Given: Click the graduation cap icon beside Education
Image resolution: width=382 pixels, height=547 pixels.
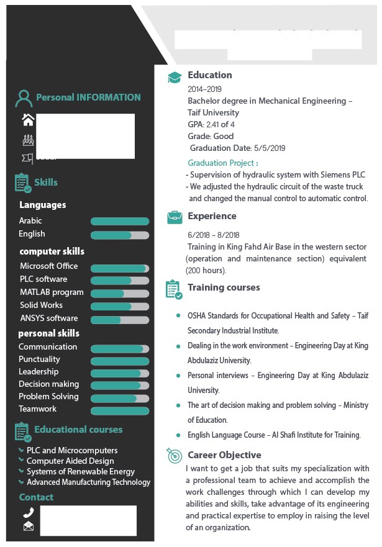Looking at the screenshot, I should (175, 77).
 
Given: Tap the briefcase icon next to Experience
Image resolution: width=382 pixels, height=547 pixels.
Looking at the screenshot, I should (175, 217).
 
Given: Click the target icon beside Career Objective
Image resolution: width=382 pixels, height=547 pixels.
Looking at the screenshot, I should (175, 456).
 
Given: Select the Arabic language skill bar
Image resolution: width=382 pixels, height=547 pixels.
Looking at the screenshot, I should (120, 221).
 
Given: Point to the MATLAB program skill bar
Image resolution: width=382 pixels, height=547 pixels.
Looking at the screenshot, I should (120, 292).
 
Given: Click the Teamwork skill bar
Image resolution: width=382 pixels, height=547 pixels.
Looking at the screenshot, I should (120, 410).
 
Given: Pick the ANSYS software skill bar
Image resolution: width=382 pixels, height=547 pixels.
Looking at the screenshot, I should (120, 319).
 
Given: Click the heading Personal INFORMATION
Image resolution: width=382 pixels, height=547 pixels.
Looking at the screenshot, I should (88, 97).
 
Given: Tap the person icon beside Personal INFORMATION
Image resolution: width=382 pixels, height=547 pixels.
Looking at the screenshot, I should (24, 98).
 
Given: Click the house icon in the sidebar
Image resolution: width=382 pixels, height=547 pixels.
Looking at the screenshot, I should (28, 119).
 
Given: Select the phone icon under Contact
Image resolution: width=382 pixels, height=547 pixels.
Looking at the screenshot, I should (28, 513).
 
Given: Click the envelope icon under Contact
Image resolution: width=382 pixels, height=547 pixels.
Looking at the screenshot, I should (28, 527).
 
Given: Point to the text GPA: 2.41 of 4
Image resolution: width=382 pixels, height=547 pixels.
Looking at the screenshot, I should (211, 125).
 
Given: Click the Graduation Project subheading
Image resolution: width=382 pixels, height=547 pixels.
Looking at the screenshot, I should (222, 163).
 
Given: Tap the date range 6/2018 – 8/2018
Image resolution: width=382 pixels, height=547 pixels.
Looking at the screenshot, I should (213, 235).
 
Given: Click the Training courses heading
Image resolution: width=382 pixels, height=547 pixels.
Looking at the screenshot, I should (224, 287).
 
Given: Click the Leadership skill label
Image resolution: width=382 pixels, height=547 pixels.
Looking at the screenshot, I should (39, 372).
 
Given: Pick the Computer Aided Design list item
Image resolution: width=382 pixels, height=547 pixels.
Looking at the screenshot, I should (70, 461).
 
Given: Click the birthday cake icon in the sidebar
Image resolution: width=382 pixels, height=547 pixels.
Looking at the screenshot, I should (28, 140).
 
